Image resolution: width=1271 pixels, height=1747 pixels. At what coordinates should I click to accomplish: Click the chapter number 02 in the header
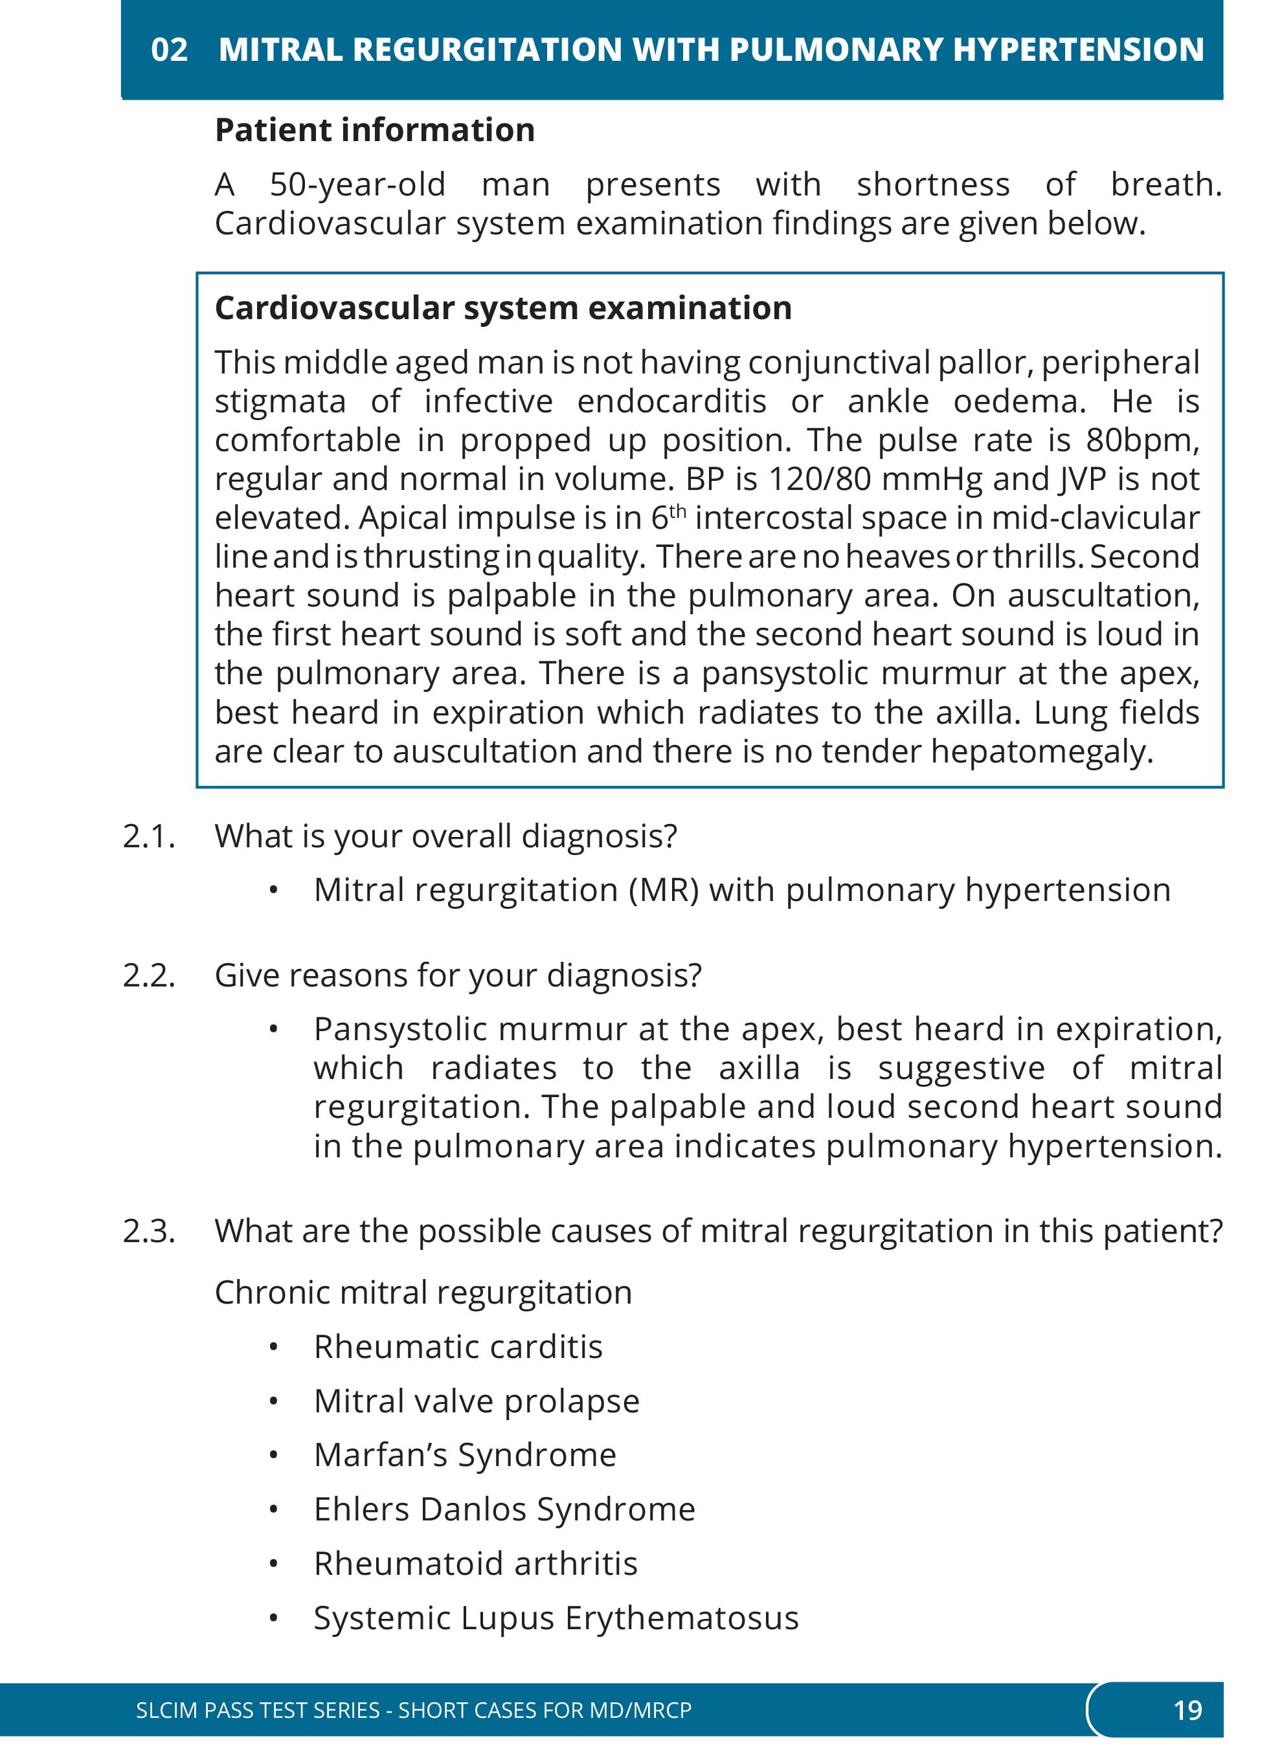[170, 50]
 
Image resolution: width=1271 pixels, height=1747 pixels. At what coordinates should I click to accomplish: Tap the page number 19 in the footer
[1187, 1709]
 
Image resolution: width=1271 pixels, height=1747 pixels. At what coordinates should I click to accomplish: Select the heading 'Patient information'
[374, 130]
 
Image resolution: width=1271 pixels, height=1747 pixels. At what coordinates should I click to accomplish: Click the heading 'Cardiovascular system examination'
[503, 308]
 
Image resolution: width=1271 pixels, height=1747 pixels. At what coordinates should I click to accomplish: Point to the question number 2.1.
[149, 836]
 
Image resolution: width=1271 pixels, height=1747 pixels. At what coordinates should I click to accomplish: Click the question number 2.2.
[149, 976]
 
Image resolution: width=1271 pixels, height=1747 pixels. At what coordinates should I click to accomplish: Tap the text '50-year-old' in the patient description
[357, 185]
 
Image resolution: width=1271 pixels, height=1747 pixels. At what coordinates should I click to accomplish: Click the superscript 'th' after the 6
[677, 511]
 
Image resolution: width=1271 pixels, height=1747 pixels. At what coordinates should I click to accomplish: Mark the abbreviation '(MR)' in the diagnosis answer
[663, 891]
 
